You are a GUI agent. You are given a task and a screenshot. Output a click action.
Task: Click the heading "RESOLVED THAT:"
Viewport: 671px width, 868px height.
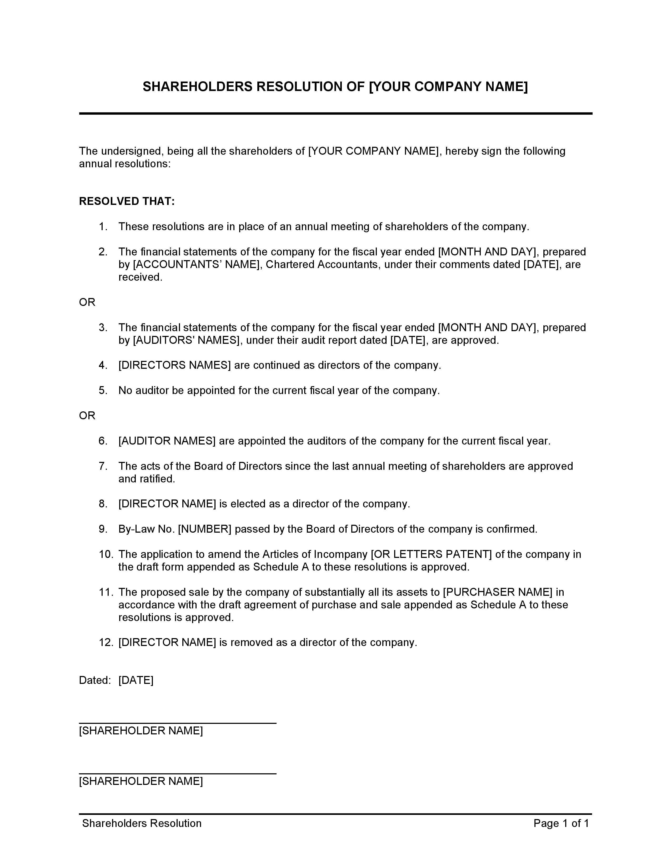(x=127, y=201)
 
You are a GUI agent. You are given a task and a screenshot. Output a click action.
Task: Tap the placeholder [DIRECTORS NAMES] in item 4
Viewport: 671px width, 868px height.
(x=174, y=365)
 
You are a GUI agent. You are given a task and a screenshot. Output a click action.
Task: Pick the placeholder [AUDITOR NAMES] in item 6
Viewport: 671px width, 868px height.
(x=167, y=441)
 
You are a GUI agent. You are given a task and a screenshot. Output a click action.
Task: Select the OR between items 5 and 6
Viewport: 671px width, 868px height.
(x=87, y=415)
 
